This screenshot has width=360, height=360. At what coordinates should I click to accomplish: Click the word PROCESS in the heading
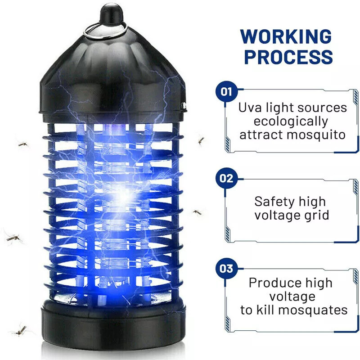[x=288, y=57]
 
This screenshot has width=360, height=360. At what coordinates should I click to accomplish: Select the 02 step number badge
[x=226, y=178]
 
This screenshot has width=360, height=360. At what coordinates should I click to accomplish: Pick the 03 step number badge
[x=226, y=269]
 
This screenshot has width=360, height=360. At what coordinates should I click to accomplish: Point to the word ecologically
[x=291, y=121]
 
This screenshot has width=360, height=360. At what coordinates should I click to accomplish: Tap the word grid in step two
[x=314, y=215]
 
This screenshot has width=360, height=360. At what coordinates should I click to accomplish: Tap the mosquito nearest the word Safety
[x=198, y=212]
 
